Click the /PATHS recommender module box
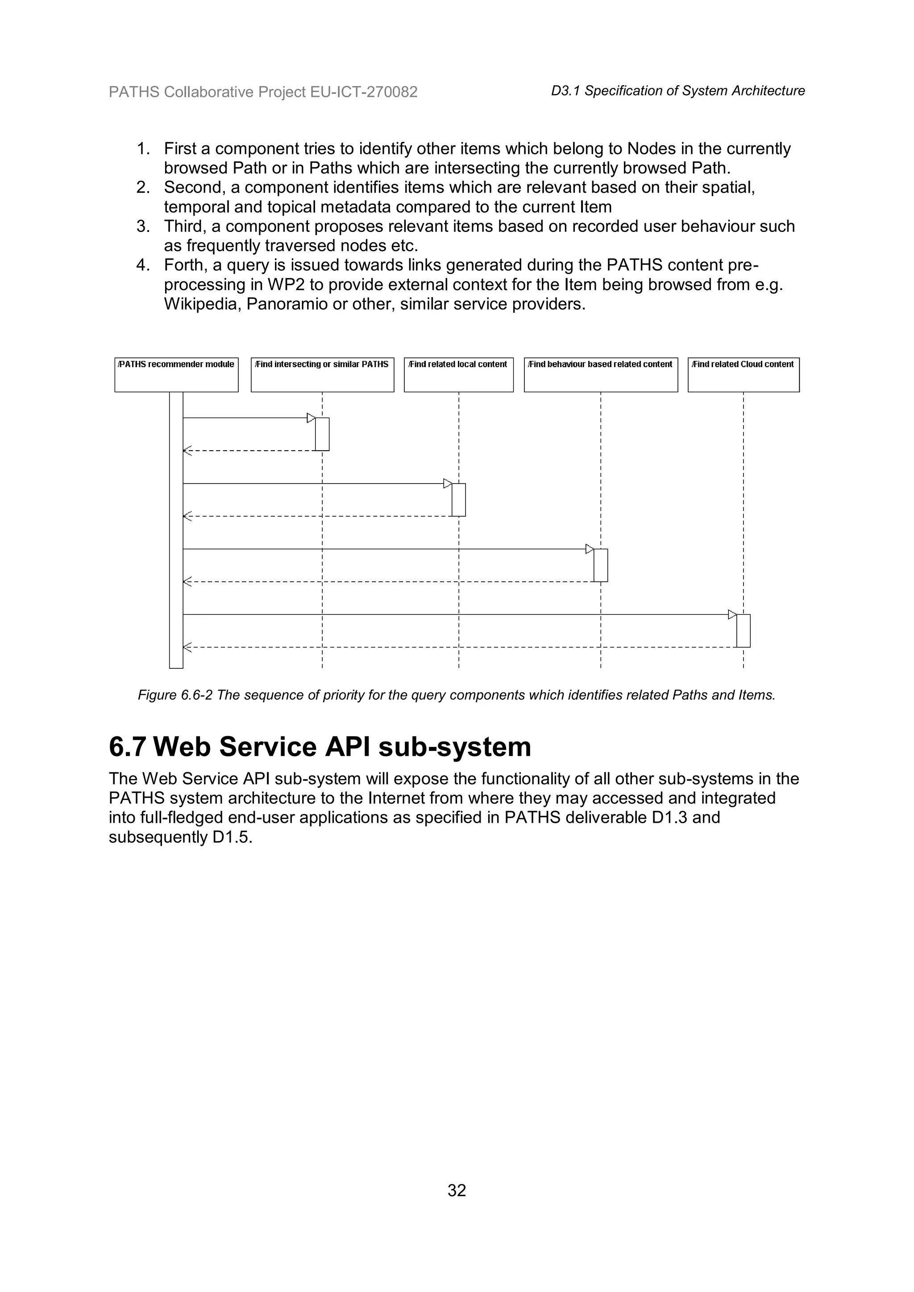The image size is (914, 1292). [176, 374]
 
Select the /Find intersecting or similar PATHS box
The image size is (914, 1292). [323, 374]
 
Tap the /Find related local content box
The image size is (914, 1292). [459, 374]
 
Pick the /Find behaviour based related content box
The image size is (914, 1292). [601, 374]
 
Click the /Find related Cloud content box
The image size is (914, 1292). [744, 374]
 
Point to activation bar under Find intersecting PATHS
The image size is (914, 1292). [322, 434]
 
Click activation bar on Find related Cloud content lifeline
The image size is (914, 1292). [743, 631]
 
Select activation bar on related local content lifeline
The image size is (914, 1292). [459, 500]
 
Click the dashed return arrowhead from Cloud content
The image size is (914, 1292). [187, 647]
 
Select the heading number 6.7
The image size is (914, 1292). [128, 747]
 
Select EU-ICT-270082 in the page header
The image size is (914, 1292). [364, 92]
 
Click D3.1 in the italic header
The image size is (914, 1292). [565, 91]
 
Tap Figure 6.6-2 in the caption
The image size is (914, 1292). [175, 695]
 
